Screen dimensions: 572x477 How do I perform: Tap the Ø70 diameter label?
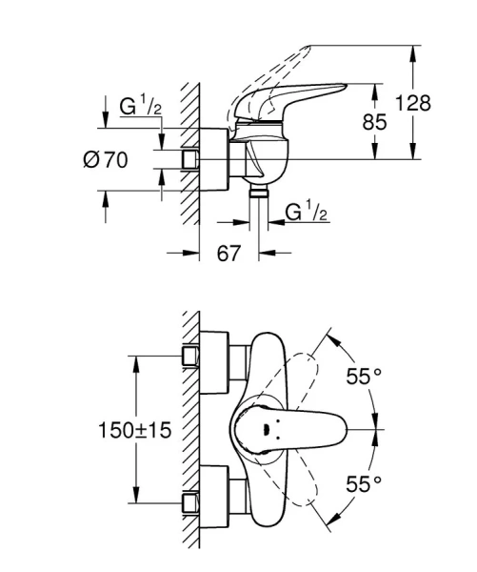tap(104, 159)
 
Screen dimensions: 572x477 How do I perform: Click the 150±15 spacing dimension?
tap(132, 430)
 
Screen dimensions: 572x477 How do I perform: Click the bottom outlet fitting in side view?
tap(256, 192)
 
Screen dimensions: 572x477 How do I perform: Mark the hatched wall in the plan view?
tap(189, 429)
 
